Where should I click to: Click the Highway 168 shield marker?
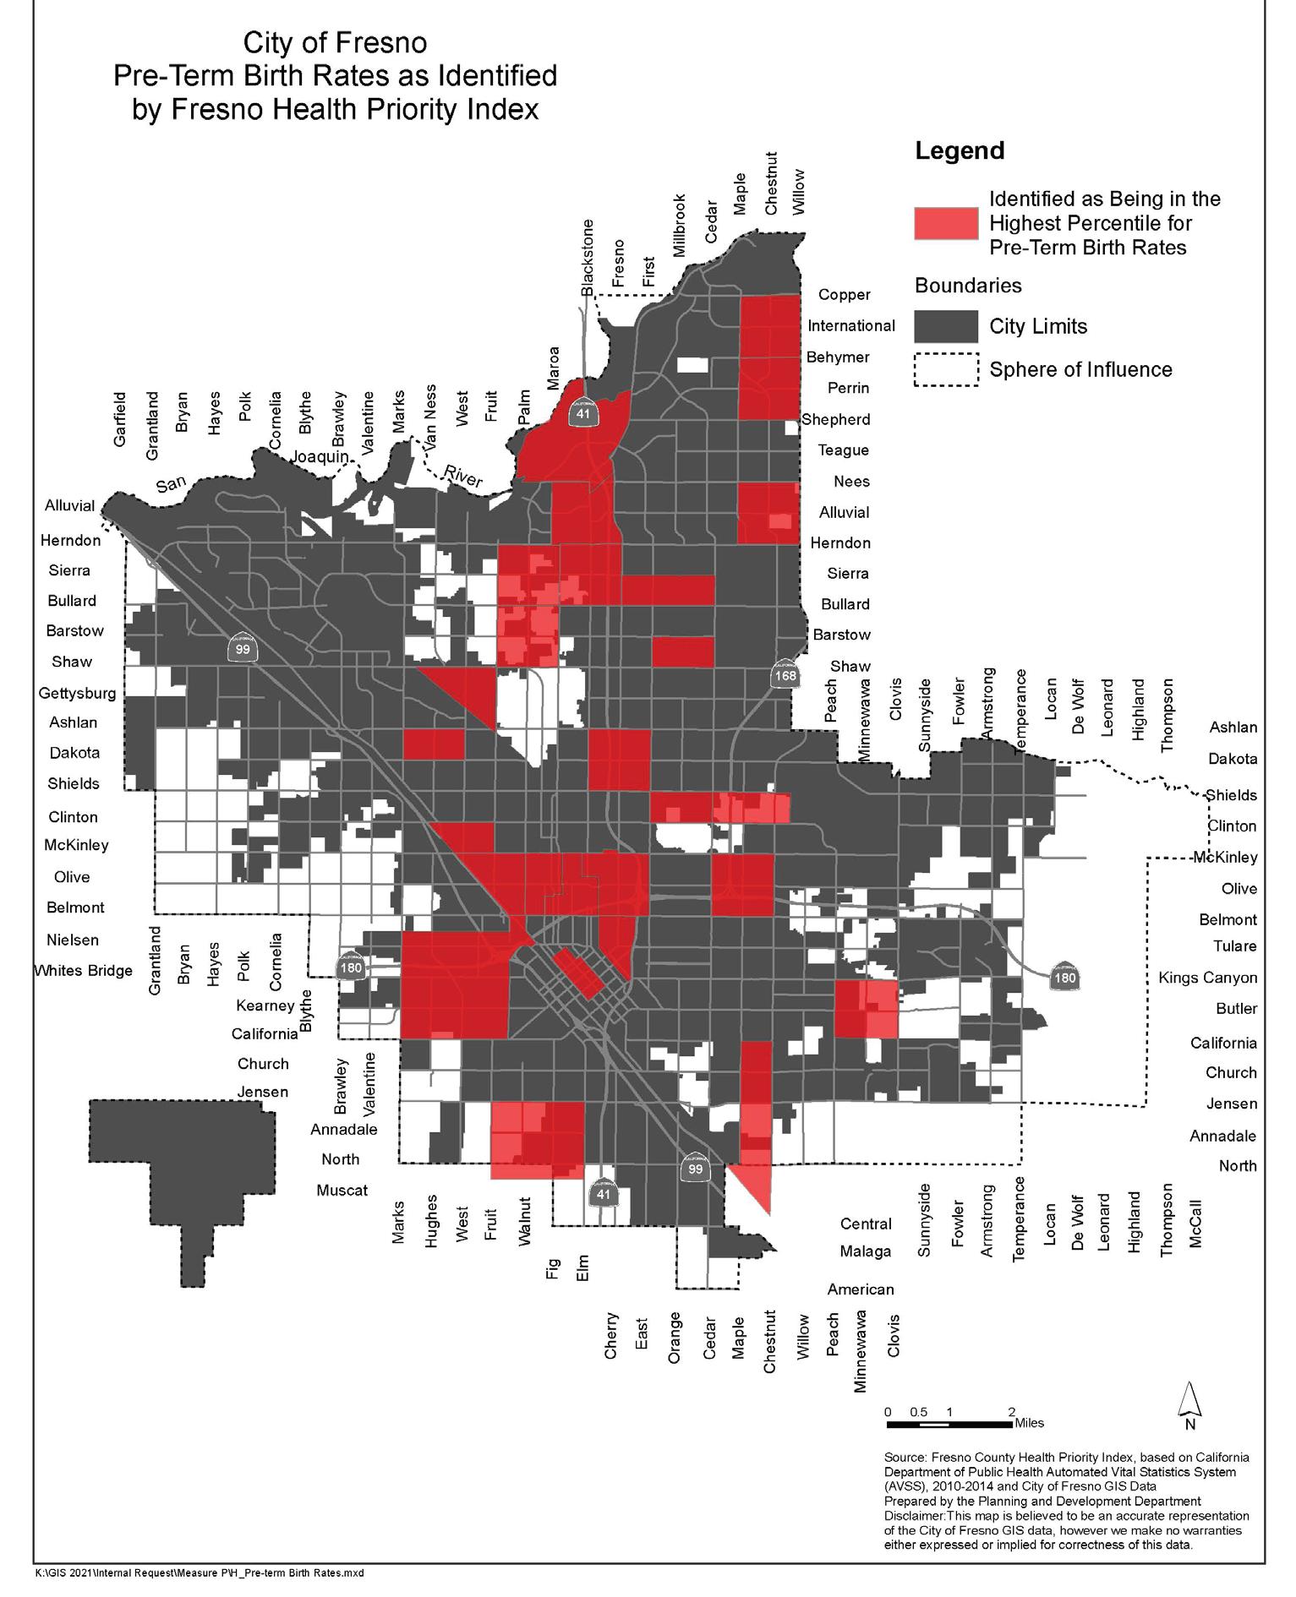click(x=785, y=673)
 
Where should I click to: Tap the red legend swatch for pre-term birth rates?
click(x=946, y=222)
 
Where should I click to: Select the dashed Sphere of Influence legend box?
click(x=946, y=369)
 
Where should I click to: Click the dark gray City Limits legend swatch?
click(x=946, y=326)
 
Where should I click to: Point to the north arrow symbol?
click(x=1189, y=1400)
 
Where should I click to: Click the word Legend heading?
click(x=960, y=151)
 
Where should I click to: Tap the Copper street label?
click(x=844, y=295)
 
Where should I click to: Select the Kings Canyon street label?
click(x=1207, y=978)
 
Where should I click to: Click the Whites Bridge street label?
click(x=83, y=970)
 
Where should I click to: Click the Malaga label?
click(x=866, y=1251)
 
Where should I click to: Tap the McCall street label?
click(x=1195, y=1224)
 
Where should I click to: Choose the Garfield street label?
click(x=120, y=418)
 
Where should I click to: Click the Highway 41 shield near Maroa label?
click(x=582, y=412)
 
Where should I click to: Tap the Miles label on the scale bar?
click(x=1029, y=1423)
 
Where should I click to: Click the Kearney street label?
click(x=265, y=1006)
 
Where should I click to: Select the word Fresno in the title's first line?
click(x=386, y=43)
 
